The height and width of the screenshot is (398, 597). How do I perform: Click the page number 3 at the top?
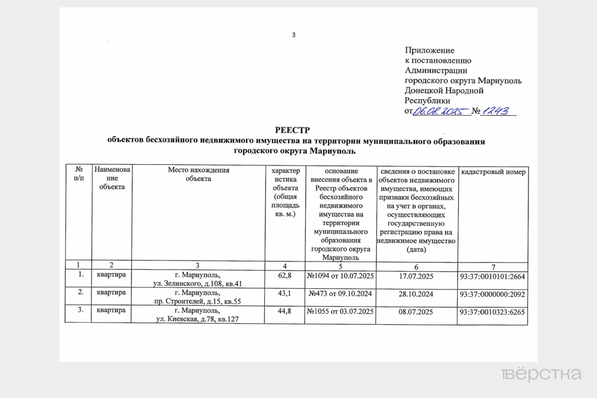294,35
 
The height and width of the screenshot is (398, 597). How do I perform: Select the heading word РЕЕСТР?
296,131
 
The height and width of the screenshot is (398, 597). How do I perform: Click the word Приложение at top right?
430,50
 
